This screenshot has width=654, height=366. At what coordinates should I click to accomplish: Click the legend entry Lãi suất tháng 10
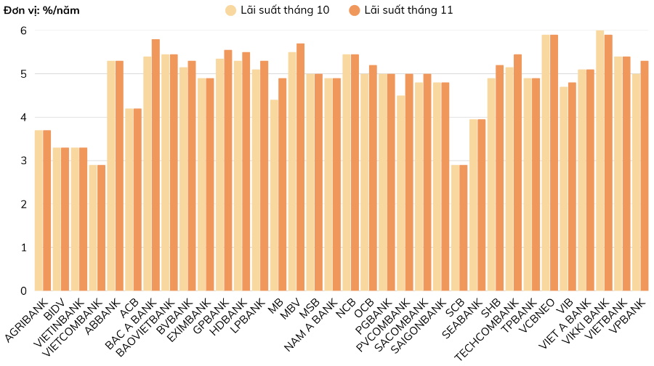[x=277, y=10]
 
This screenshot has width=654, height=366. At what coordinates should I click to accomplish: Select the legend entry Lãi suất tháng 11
[x=400, y=10]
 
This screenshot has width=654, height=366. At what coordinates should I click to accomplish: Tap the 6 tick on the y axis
[x=23, y=30]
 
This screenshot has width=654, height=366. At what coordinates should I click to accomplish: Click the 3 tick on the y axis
[x=23, y=161]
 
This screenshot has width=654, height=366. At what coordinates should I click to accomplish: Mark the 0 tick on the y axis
[x=23, y=291]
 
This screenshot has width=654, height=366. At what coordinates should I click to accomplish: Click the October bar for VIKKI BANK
[x=600, y=160]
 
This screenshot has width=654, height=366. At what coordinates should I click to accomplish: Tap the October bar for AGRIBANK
[x=39, y=211]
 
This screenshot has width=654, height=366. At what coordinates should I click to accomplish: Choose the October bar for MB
[x=274, y=195]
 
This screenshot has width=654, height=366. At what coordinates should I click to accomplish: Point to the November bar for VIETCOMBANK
[x=102, y=228]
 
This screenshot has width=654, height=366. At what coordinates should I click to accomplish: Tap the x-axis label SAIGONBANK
[x=417, y=326]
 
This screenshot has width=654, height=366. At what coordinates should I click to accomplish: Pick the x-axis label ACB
[x=128, y=306]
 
